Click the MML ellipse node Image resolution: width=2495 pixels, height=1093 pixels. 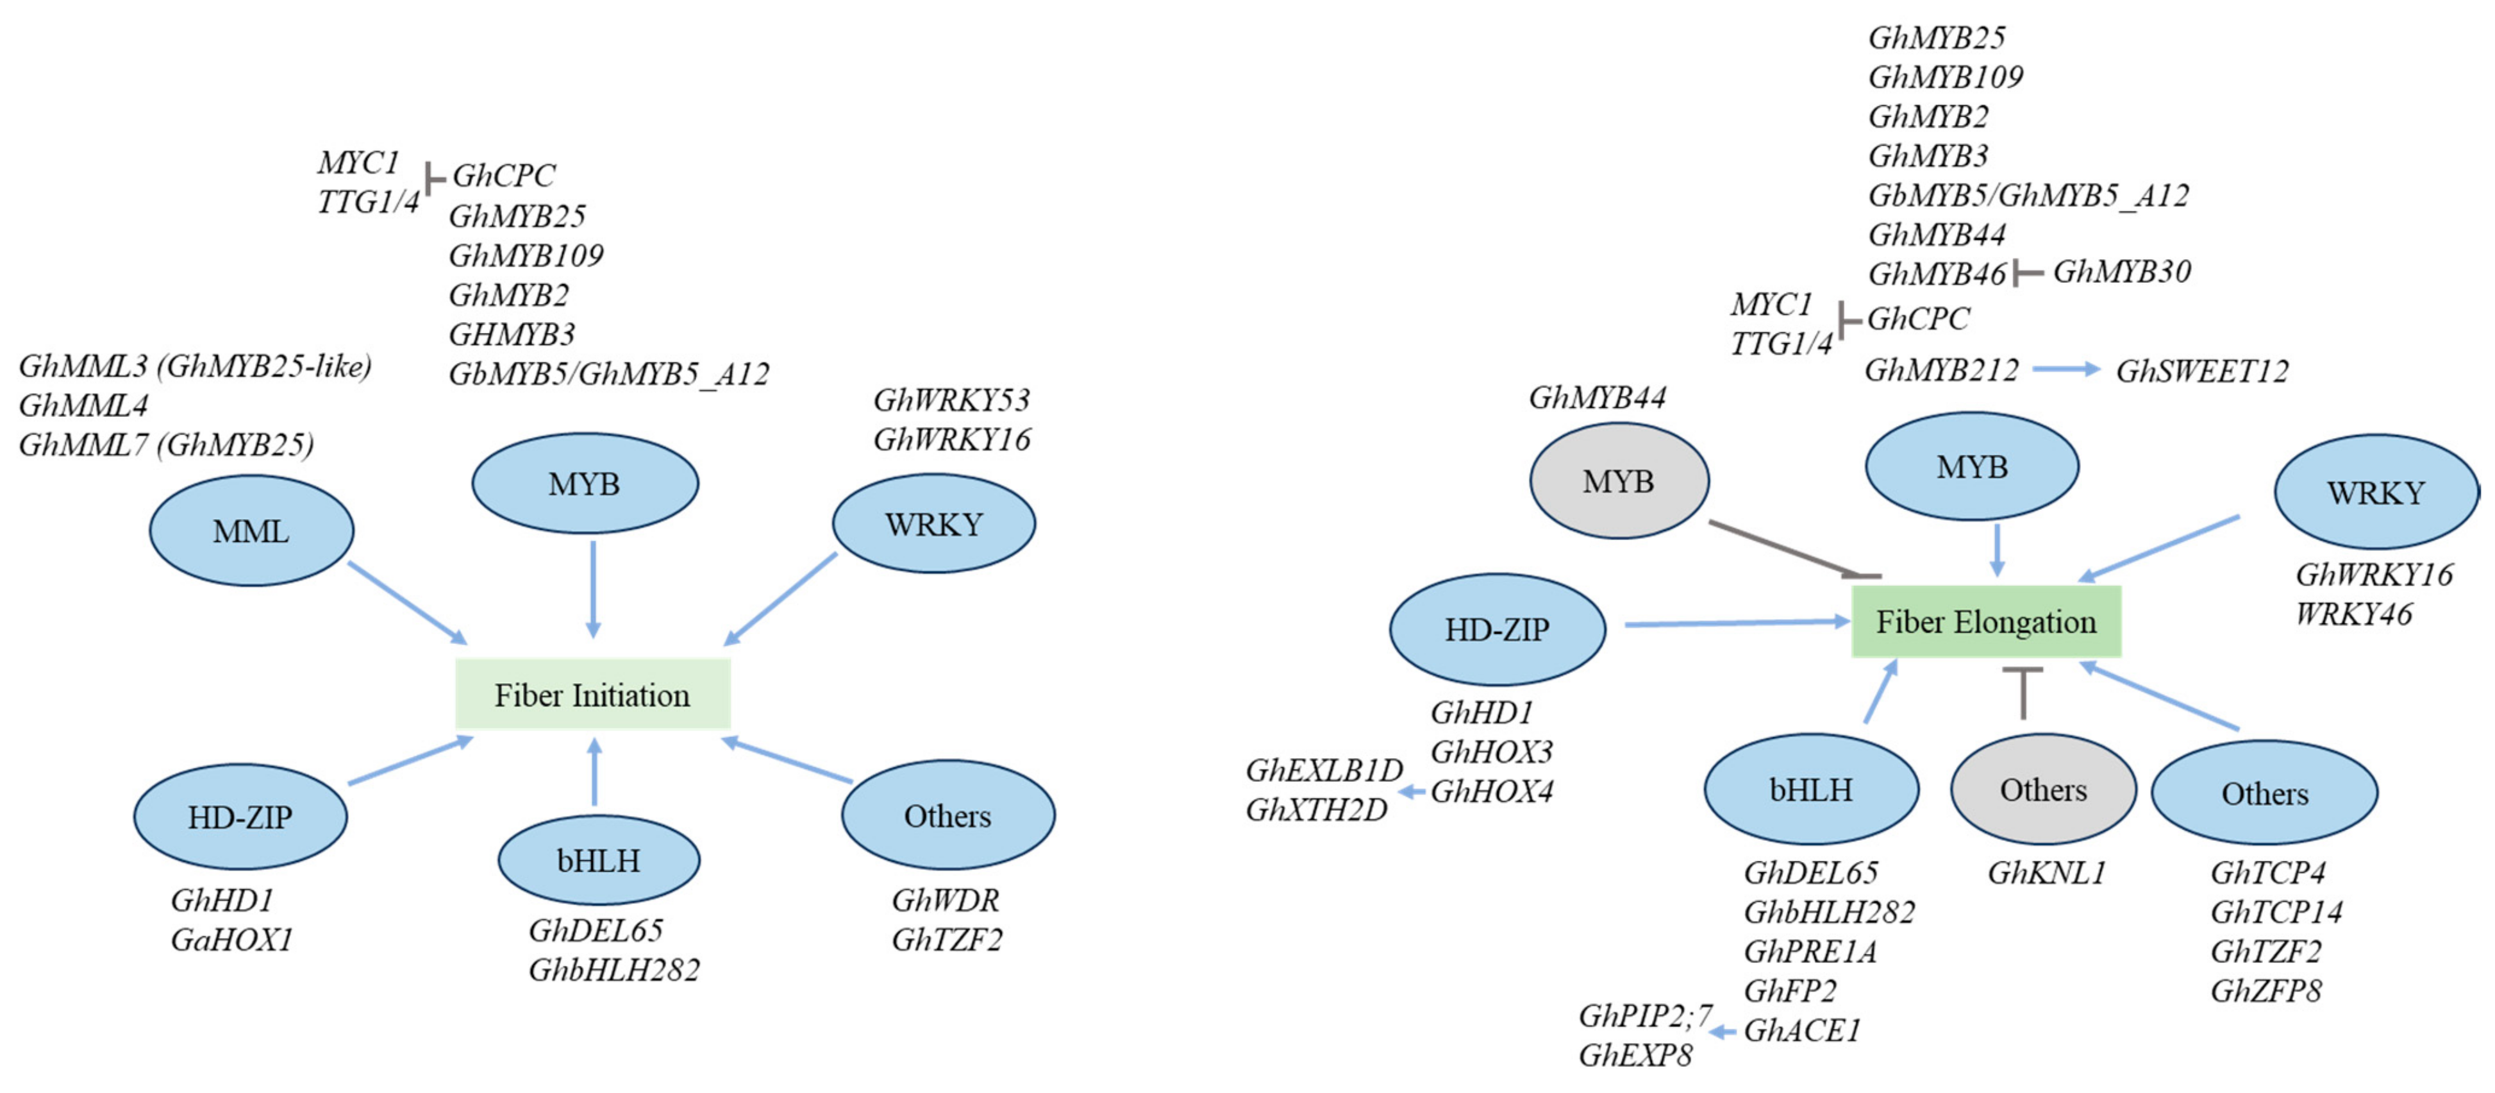251,531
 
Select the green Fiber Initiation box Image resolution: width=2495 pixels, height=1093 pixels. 592,695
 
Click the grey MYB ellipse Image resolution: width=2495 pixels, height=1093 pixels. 1619,482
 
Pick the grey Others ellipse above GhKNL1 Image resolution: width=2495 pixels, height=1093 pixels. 2042,790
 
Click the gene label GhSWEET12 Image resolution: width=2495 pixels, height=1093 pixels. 2201,371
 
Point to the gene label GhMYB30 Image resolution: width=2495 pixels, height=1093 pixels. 2121,272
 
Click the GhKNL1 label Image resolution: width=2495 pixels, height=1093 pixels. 2046,873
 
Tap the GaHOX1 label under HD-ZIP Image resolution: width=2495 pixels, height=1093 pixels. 231,940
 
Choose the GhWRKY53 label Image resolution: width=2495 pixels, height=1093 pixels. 951,400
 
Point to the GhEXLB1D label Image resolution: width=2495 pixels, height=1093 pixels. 1323,770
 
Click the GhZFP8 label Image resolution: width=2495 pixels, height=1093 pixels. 2266,991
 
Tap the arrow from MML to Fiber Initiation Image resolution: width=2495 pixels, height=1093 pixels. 407,603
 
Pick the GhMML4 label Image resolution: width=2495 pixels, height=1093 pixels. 83,405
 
